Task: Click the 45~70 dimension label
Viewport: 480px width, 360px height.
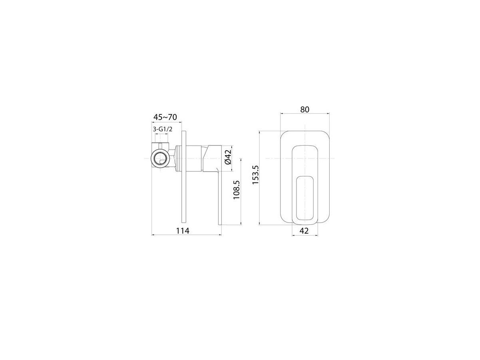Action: pyautogui.click(x=165, y=117)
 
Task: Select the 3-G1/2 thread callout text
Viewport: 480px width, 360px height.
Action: pyautogui.click(x=162, y=129)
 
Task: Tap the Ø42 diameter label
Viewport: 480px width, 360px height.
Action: pyautogui.click(x=228, y=157)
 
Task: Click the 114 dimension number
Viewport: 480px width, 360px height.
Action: pyautogui.click(x=183, y=231)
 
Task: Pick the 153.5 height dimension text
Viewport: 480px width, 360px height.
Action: pyautogui.click(x=256, y=175)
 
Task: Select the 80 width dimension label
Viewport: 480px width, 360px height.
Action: pyautogui.click(x=305, y=110)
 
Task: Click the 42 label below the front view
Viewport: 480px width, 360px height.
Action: pyautogui.click(x=304, y=231)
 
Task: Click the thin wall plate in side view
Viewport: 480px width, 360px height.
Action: pyautogui.click(x=184, y=177)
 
